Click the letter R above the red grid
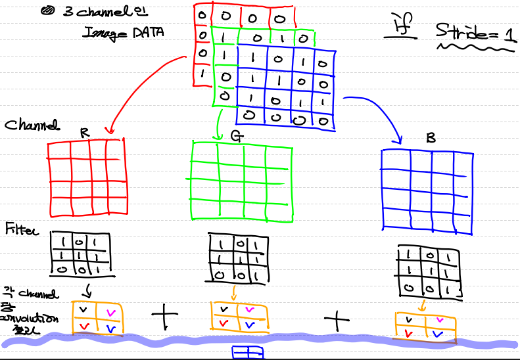[x=84, y=132]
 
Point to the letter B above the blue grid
[x=430, y=139]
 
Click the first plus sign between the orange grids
[x=165, y=319]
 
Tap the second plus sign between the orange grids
[x=337, y=321]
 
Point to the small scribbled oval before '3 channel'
[x=49, y=11]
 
